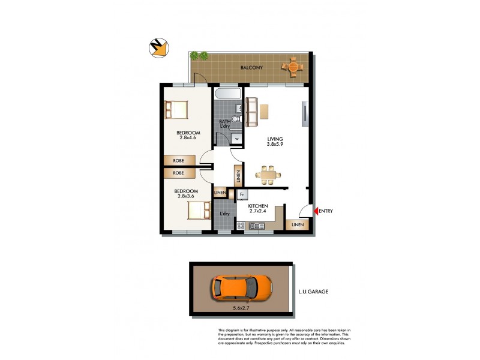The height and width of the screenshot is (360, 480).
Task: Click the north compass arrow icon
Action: pos(158,49)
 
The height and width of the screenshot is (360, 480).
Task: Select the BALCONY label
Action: pos(251,68)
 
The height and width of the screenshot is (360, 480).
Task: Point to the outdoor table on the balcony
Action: pos(293,67)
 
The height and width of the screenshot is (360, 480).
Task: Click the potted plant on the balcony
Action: pos(199,56)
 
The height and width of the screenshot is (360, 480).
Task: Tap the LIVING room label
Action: pos(275,139)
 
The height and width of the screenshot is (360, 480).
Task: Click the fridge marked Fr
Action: pos(243,194)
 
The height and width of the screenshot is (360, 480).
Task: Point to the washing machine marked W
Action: pos(237,139)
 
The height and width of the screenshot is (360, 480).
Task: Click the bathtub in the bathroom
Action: pos(228,95)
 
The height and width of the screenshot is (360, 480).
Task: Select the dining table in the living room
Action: pos(266,175)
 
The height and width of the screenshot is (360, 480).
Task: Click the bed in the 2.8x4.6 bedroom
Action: pos(178,110)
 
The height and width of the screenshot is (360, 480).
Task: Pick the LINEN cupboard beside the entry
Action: pos(298,225)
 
